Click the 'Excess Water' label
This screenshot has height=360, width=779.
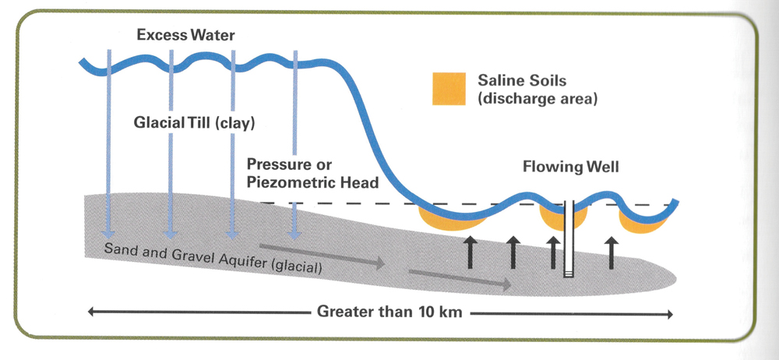tap(185, 35)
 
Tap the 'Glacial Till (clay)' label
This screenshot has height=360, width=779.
tap(195, 122)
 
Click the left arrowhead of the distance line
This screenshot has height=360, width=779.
tap(92, 313)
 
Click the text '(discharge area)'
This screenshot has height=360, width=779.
tap(537, 99)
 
